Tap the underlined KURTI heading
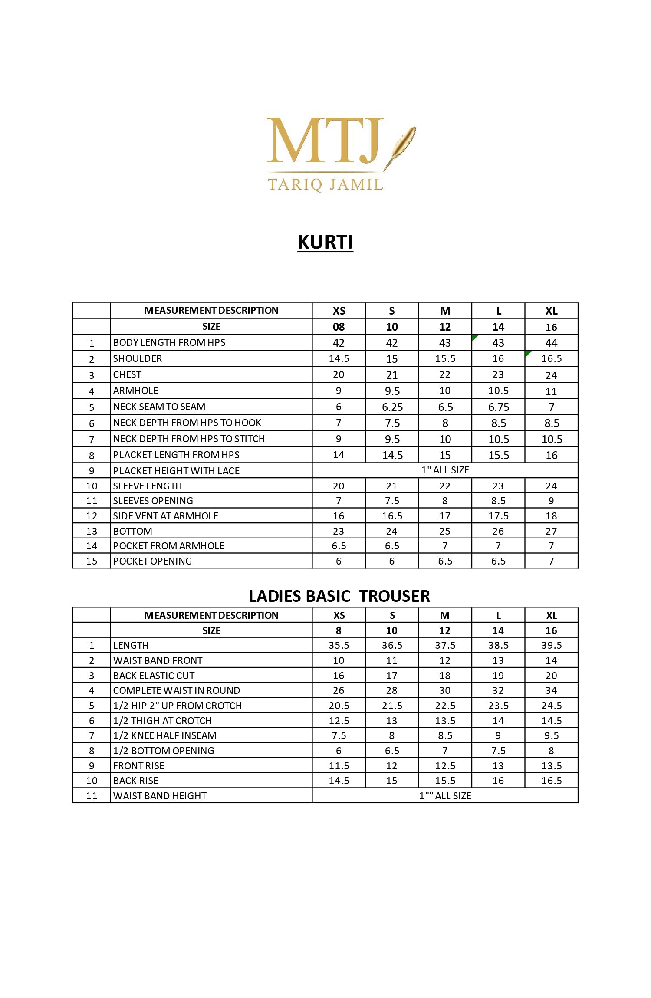point(325,242)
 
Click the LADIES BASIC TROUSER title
point(339,596)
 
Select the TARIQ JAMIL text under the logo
point(325,184)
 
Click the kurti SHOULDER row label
point(138,358)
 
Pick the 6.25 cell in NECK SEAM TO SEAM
point(392,407)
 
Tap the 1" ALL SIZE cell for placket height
point(445,470)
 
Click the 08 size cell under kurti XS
point(339,327)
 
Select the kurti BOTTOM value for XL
point(551,531)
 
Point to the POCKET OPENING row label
point(152,561)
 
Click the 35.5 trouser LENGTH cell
point(339,645)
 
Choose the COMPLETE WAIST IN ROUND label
point(176,690)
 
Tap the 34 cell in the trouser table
point(551,690)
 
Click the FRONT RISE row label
point(139,766)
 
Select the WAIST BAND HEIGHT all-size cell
point(445,796)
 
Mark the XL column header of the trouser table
point(551,615)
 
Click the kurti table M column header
point(445,311)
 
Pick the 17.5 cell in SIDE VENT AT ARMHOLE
point(498,516)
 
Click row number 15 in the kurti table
point(92,561)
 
